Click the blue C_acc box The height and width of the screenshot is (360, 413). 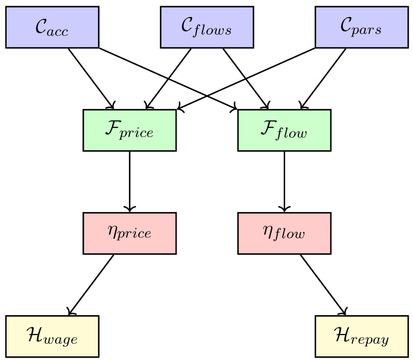coord(52,27)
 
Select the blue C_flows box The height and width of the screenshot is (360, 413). coord(207,27)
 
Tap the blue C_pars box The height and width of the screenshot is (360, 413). coord(361,27)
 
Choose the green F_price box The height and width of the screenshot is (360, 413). coord(129,130)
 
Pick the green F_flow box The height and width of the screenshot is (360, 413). coord(284,130)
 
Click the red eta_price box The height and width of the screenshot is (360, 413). coord(129,233)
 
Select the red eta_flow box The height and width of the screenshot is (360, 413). coord(284,233)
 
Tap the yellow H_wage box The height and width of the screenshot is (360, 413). coord(52,336)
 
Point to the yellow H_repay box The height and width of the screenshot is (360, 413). coord(361,336)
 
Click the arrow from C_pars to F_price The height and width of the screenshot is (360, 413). coord(279,64)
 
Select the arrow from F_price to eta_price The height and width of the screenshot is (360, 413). coord(129,181)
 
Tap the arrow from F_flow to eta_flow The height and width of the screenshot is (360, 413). coord(284,181)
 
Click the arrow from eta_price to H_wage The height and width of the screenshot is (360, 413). coord(91,284)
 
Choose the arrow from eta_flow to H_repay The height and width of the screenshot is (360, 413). coord(323,284)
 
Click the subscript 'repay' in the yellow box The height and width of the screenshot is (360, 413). coord(372,340)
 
